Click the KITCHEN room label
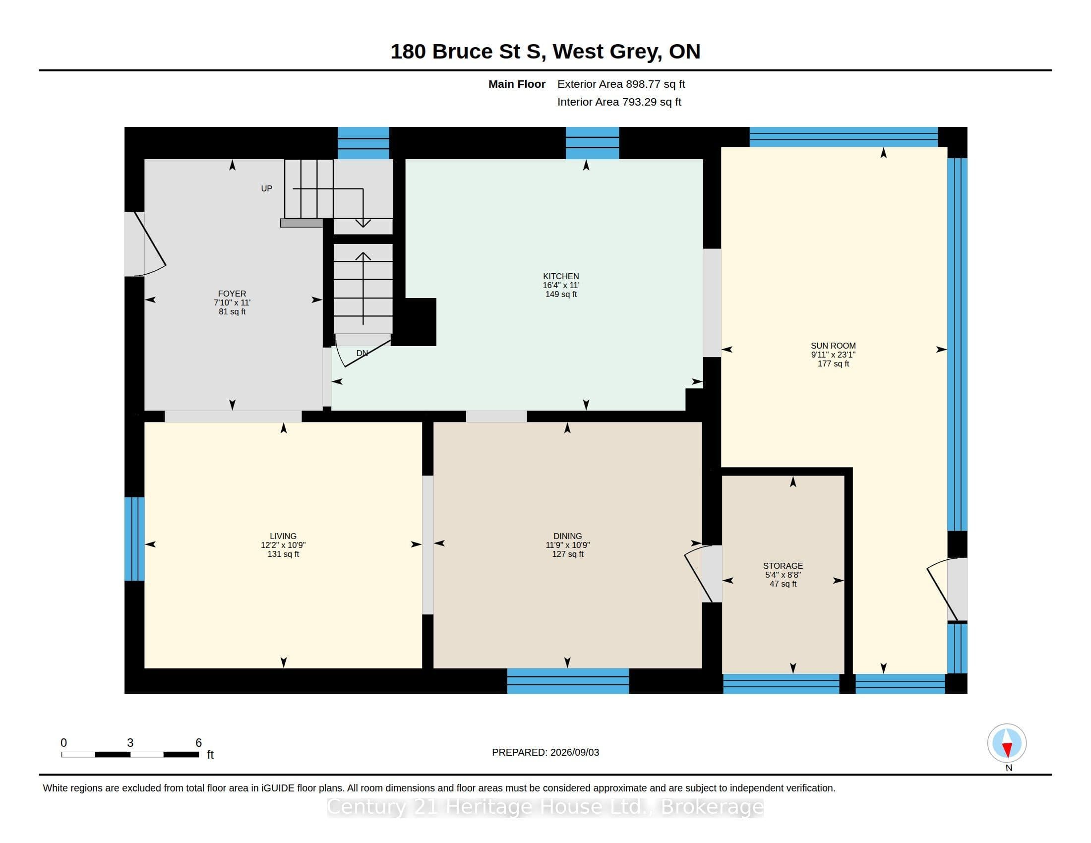[561, 276]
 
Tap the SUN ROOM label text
[833, 346]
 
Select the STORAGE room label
[783, 566]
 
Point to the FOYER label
[232, 294]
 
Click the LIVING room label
[283, 536]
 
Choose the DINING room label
[567, 536]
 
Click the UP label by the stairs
[266, 188]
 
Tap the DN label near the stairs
[362, 353]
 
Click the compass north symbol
[1007, 743]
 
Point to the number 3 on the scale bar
[130, 743]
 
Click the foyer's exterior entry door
[145, 243]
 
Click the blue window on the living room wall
[134, 539]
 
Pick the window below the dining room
[568, 681]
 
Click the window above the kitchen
[592, 143]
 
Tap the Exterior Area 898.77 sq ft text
[621, 84]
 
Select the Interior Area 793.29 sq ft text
[619, 102]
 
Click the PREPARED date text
[545, 752]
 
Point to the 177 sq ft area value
[833, 363]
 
